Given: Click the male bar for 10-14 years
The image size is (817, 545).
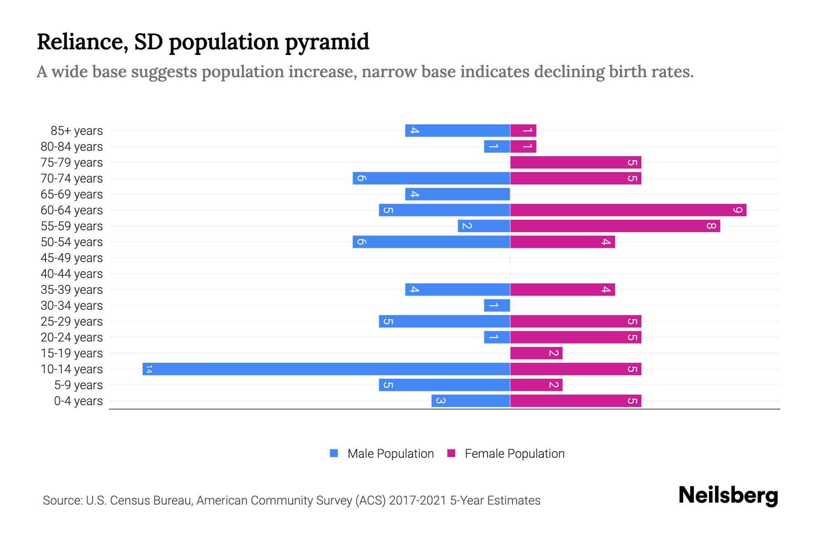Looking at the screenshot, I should click(x=326, y=369).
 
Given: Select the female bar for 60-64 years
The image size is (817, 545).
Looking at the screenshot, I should click(x=628, y=210).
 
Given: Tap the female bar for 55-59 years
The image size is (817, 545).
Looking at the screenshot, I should click(x=615, y=226).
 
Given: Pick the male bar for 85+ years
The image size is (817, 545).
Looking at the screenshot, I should click(x=458, y=130).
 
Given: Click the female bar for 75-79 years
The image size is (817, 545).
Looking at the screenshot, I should click(x=576, y=162).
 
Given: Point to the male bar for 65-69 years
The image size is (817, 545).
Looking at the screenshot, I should click(x=458, y=194).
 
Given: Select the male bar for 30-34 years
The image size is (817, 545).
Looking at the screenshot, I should click(x=497, y=305).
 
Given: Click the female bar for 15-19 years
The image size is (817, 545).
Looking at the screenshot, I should click(x=536, y=353).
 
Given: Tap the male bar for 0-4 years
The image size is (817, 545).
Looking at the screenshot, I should click(x=471, y=401).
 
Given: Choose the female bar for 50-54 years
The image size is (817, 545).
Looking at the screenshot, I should click(x=562, y=242).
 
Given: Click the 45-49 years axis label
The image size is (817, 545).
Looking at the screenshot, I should click(x=72, y=258).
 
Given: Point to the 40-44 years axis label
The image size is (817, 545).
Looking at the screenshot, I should click(x=72, y=274).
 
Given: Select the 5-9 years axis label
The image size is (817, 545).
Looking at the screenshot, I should click(x=78, y=385).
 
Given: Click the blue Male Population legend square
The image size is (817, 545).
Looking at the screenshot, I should click(x=334, y=453).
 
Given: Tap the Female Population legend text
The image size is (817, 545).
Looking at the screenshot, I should click(x=514, y=454).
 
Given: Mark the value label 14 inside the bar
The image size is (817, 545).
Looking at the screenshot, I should click(x=149, y=369).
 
